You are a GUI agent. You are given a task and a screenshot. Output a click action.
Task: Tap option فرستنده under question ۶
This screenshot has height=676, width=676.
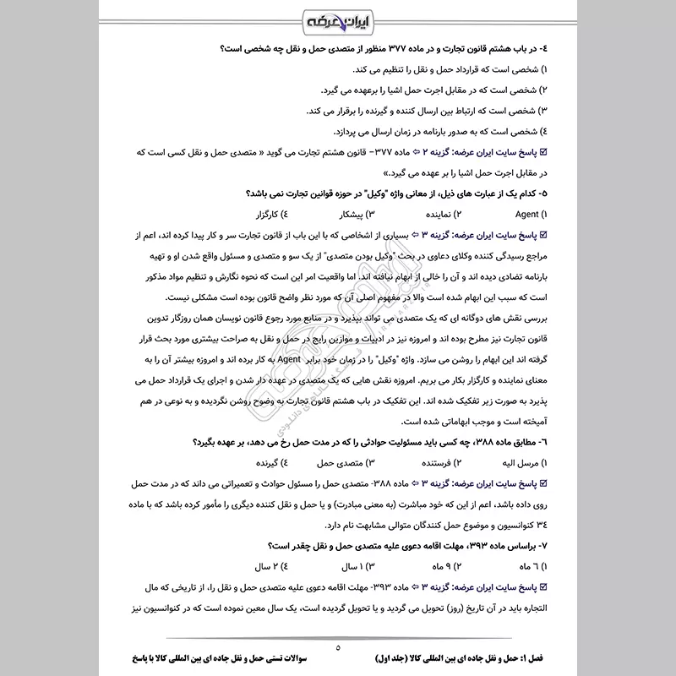(431, 463)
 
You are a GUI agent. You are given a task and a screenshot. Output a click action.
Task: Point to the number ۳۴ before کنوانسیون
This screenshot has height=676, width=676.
(541, 524)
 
